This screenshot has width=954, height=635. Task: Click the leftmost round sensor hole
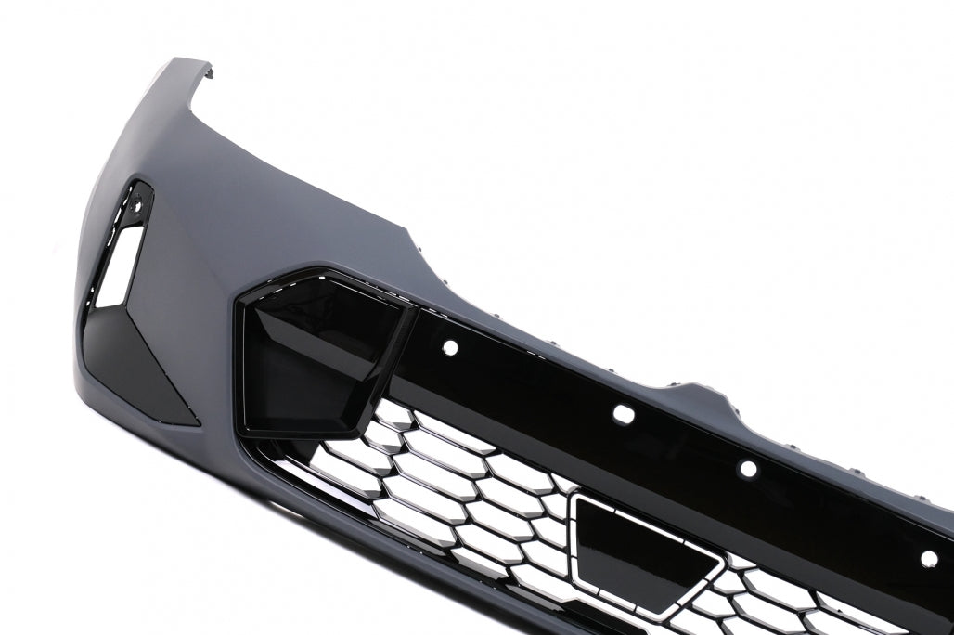pyautogui.click(x=450, y=348)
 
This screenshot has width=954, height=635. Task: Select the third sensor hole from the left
pyautogui.click(x=748, y=469)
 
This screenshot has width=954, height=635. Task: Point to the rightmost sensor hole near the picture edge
pyautogui.click(x=929, y=558)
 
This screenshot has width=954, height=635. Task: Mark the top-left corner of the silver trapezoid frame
pyautogui.click(x=577, y=498)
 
